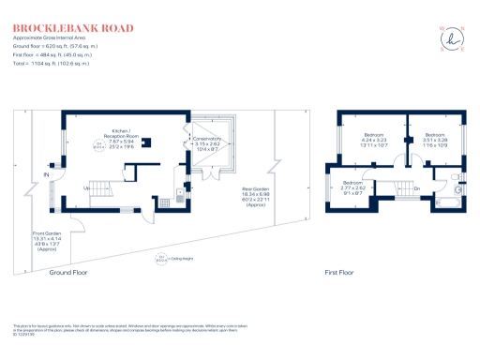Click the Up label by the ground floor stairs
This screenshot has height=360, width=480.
point(87,187)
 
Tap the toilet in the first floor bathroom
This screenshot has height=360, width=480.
point(452,177)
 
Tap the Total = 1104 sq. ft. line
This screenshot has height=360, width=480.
point(52,63)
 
